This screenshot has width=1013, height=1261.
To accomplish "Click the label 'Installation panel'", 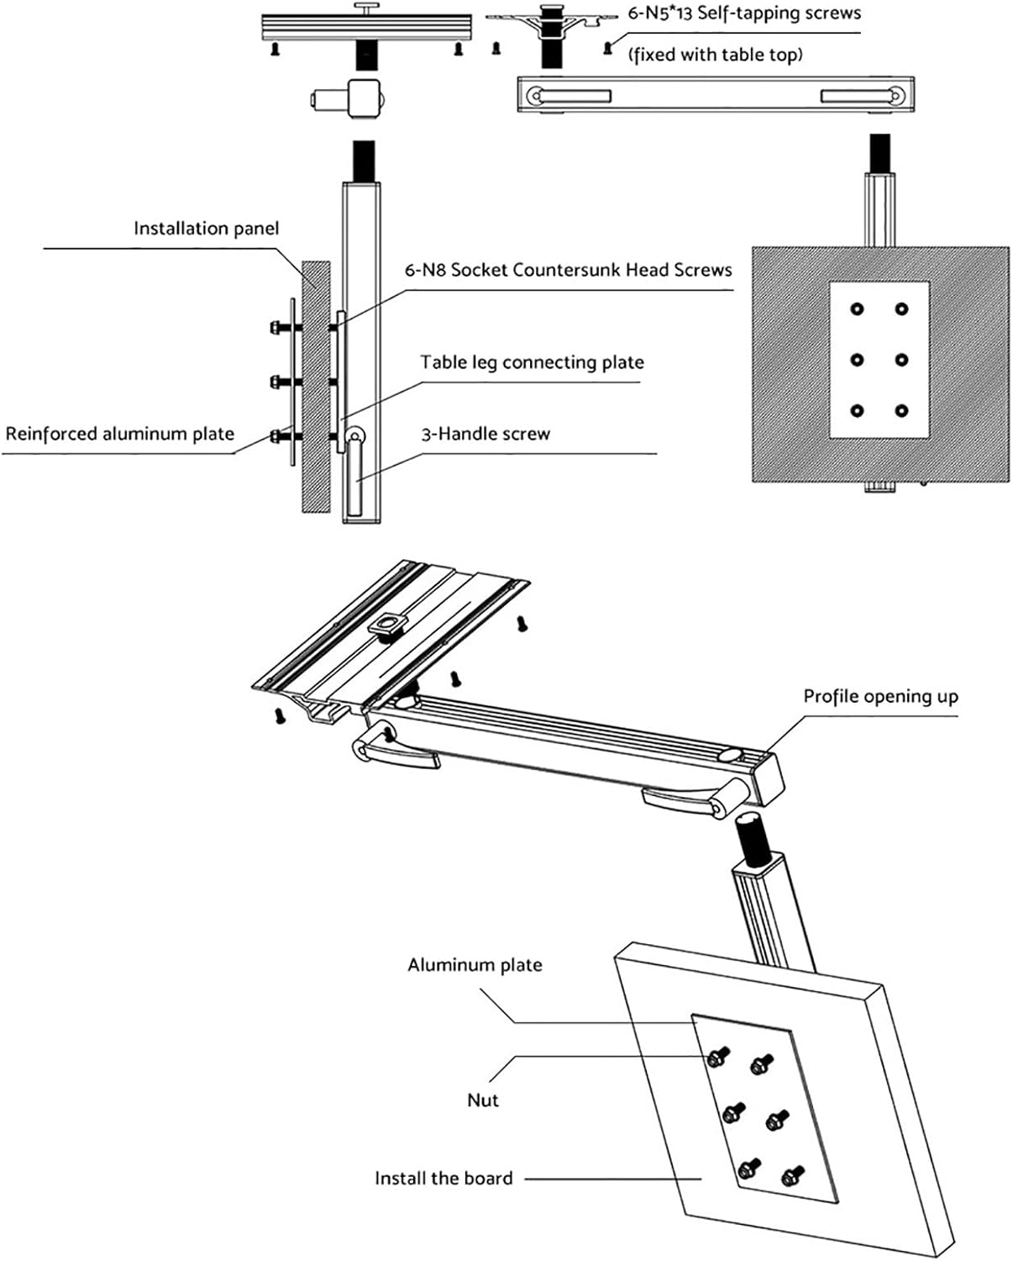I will tap(206, 229).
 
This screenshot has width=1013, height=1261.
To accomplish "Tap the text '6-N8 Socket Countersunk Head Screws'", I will tap(568, 270).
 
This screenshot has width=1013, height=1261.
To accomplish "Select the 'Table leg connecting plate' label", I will tap(532, 362).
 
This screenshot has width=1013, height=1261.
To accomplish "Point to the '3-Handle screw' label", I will tap(486, 435).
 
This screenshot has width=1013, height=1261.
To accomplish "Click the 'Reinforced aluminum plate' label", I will tap(119, 434).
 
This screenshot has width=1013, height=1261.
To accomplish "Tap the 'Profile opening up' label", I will tap(880, 696).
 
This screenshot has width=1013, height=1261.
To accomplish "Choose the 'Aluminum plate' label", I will tap(475, 965).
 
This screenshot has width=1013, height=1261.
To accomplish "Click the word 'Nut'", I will tap(483, 1100).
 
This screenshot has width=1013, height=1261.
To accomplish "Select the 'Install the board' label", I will tap(444, 1179).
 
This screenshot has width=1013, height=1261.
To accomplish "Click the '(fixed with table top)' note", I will tap(715, 55).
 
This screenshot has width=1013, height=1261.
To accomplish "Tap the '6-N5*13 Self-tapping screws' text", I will tap(744, 13).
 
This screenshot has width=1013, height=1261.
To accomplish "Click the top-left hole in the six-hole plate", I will tap(857, 309).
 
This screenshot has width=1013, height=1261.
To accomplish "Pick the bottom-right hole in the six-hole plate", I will tap(901, 411).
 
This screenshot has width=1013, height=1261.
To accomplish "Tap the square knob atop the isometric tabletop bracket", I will tap(387, 625).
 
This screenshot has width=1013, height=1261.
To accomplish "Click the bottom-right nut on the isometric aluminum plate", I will tap(791, 1174).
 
